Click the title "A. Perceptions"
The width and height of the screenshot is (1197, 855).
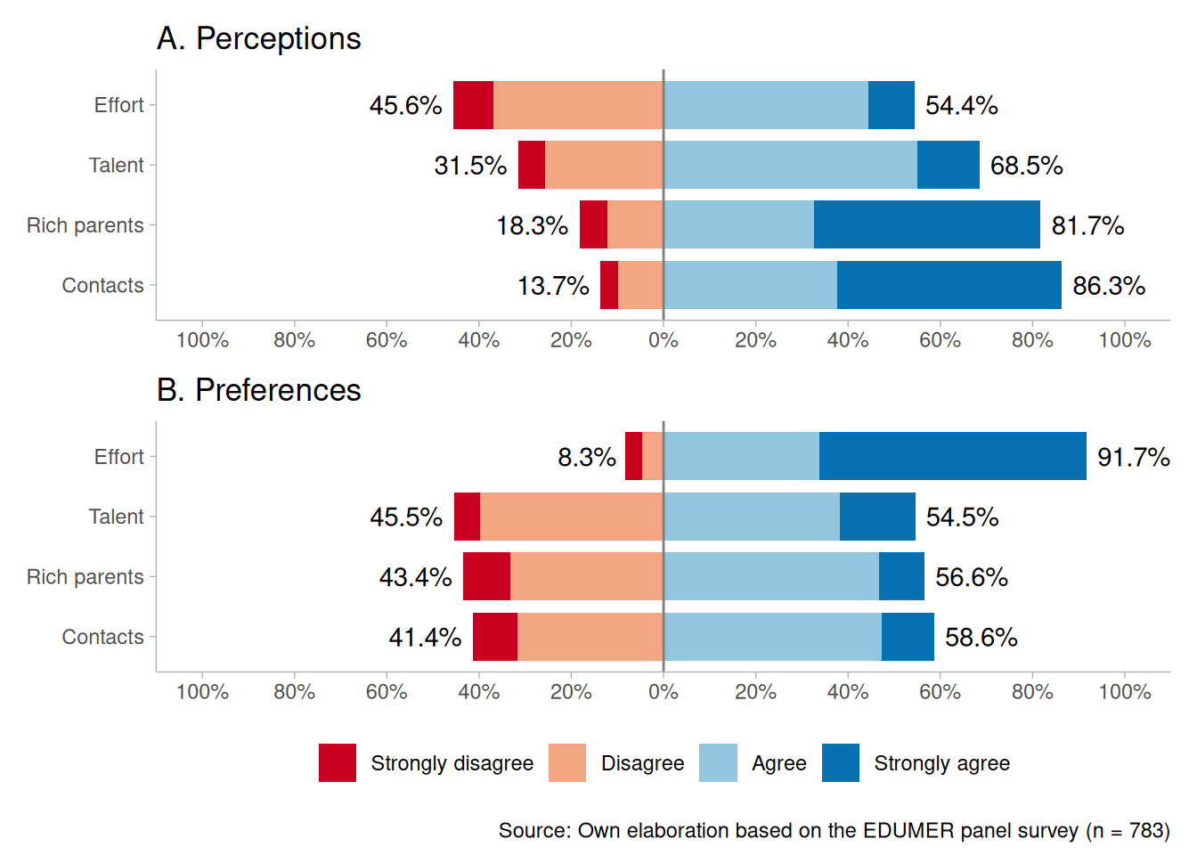[x=258, y=39]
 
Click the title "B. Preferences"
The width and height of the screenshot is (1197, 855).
[x=258, y=390]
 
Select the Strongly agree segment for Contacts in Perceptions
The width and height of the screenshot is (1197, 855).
[x=949, y=285]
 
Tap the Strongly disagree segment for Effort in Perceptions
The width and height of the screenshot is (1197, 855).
[x=473, y=105]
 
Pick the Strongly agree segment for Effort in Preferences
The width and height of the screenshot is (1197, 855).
[x=952, y=456]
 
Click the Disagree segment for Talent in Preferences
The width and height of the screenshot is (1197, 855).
[x=571, y=517]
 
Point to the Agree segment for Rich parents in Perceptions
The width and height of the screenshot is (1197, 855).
[x=738, y=224]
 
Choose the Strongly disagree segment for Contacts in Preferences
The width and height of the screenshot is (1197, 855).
[x=494, y=637]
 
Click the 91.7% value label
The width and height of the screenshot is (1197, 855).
[x=1133, y=457]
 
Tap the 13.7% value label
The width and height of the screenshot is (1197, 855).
[x=553, y=286]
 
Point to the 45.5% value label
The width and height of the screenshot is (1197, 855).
[x=406, y=517]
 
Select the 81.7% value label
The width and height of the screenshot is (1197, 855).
[x=1087, y=225]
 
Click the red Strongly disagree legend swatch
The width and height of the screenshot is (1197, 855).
[x=338, y=763]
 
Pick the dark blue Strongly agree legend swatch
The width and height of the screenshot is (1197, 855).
[x=841, y=763]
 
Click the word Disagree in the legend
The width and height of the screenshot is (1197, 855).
[x=642, y=763]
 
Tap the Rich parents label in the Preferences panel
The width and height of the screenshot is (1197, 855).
[x=85, y=577]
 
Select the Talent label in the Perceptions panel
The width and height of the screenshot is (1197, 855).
[x=116, y=166]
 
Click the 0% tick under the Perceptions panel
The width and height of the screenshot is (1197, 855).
[x=664, y=340]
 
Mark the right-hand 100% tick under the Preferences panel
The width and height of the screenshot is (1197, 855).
[x=1125, y=692]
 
